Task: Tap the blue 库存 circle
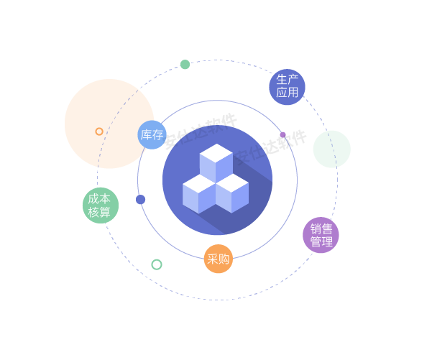click(152, 134)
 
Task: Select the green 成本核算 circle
click(100, 206)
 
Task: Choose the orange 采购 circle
click(219, 259)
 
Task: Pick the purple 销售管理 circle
click(321, 235)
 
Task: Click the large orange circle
click(109, 124)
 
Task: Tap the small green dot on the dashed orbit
click(185, 65)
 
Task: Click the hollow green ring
click(157, 264)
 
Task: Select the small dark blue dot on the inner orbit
click(140, 200)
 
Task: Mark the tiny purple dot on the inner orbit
click(282, 134)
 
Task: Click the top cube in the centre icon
click(216, 162)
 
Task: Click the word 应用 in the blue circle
click(288, 93)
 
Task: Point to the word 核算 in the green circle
click(100, 213)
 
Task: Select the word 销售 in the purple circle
click(321, 229)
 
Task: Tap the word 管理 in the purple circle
click(321, 242)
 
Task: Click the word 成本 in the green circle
click(100, 199)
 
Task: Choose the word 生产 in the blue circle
click(288, 80)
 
